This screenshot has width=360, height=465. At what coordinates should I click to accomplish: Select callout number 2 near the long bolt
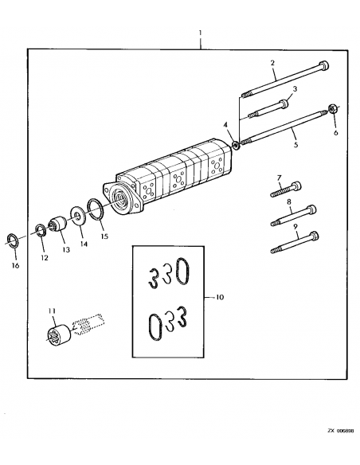coord(272,62)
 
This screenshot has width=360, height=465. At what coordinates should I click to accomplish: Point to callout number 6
coord(335,133)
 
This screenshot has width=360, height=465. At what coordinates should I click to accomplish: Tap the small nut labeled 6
coord(334,110)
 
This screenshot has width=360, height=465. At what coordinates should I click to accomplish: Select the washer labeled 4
coord(236,144)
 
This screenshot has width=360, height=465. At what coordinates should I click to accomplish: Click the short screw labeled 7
coord(282,189)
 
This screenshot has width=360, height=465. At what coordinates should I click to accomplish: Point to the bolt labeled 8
coord(293,213)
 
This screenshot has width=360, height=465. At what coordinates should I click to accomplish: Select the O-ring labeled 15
coord(96,210)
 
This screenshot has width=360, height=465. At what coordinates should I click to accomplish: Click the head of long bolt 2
coord(323,66)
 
